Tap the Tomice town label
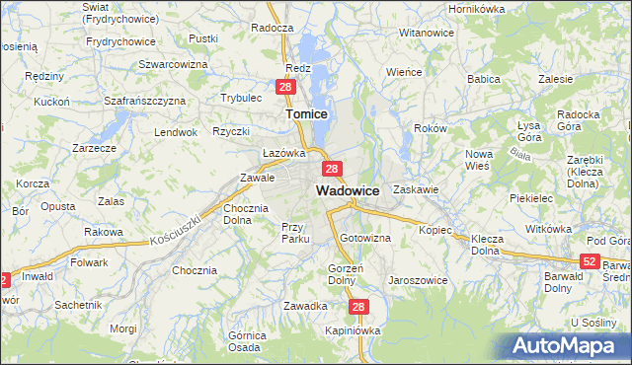(306, 114)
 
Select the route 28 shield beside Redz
(285, 88)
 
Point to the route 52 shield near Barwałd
(590, 260)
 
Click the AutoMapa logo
(569, 345)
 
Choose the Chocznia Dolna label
(247, 214)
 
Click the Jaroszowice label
(418, 280)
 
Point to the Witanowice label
(426, 33)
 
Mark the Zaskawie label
(415, 188)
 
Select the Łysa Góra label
(534, 131)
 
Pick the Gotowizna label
(365, 239)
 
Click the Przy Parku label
(295, 233)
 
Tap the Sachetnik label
(78, 305)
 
